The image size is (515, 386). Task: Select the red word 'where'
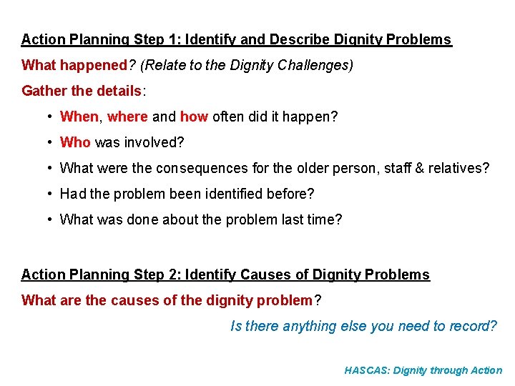tap(127, 117)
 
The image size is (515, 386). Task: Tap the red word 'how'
tap(194, 117)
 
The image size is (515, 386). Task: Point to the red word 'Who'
tap(75, 142)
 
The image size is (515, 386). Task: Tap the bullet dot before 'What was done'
tap(46, 219)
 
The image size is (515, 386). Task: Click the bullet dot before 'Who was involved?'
tap(46, 142)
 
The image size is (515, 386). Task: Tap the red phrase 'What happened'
tap(74, 66)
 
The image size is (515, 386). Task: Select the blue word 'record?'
tap(472, 326)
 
